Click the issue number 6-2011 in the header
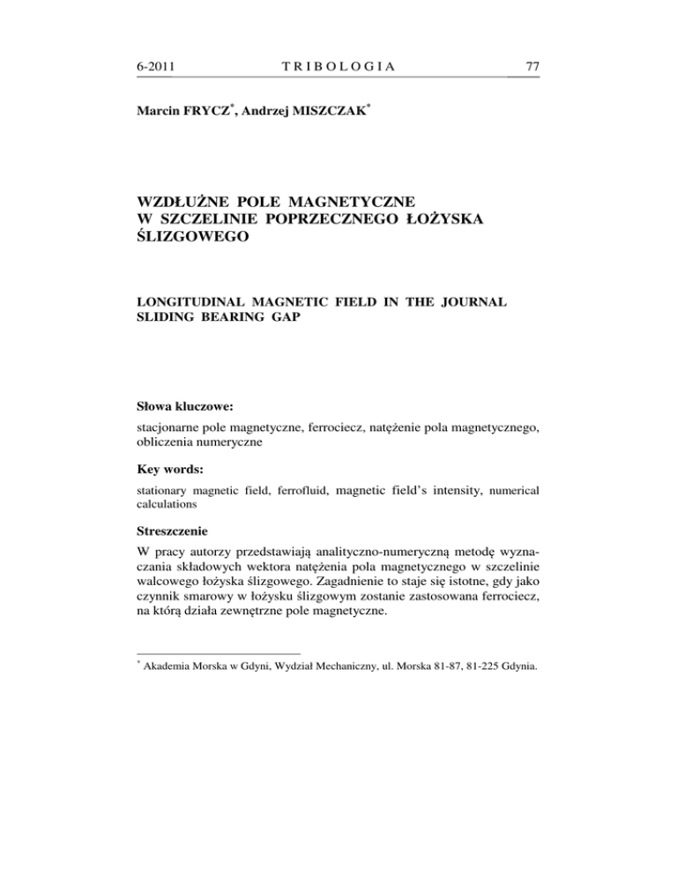point(158,65)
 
